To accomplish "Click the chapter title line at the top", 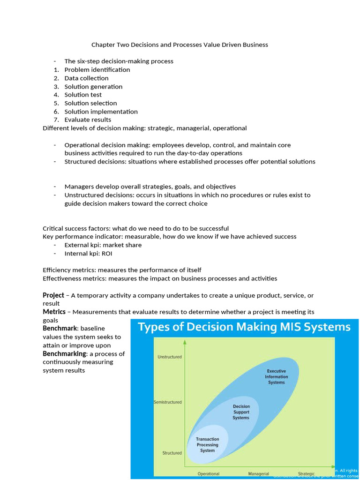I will pyautogui.click(x=180, y=45).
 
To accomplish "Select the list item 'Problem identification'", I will pyautogui.click(x=97, y=70).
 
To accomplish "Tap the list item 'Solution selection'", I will pyautogui.click(x=90, y=103).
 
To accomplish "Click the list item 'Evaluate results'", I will pyautogui.click(x=88, y=120).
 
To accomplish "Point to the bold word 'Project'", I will pyautogui.click(x=53, y=295).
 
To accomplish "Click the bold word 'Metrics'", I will pyautogui.click(x=54, y=312).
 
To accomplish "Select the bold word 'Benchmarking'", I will pyautogui.click(x=64, y=353).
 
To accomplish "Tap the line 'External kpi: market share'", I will pyautogui.click(x=103, y=245).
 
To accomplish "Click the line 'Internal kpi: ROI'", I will pyautogui.click(x=88, y=254).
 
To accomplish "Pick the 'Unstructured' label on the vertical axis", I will pyautogui.click(x=169, y=357).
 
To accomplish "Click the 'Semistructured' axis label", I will pyautogui.click(x=167, y=402).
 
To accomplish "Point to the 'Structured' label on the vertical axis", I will pyautogui.click(x=172, y=453).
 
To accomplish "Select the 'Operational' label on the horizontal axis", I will pyautogui.click(x=208, y=473).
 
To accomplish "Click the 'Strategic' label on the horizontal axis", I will pyautogui.click(x=306, y=473).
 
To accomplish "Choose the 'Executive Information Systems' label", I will pyautogui.click(x=276, y=376).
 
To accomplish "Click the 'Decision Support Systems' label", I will pyautogui.click(x=241, y=412).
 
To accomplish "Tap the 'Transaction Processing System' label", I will pyautogui.click(x=207, y=445).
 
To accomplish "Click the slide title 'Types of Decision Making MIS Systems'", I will pyautogui.click(x=244, y=327).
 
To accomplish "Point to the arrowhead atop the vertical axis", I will pyautogui.click(x=185, y=342).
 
